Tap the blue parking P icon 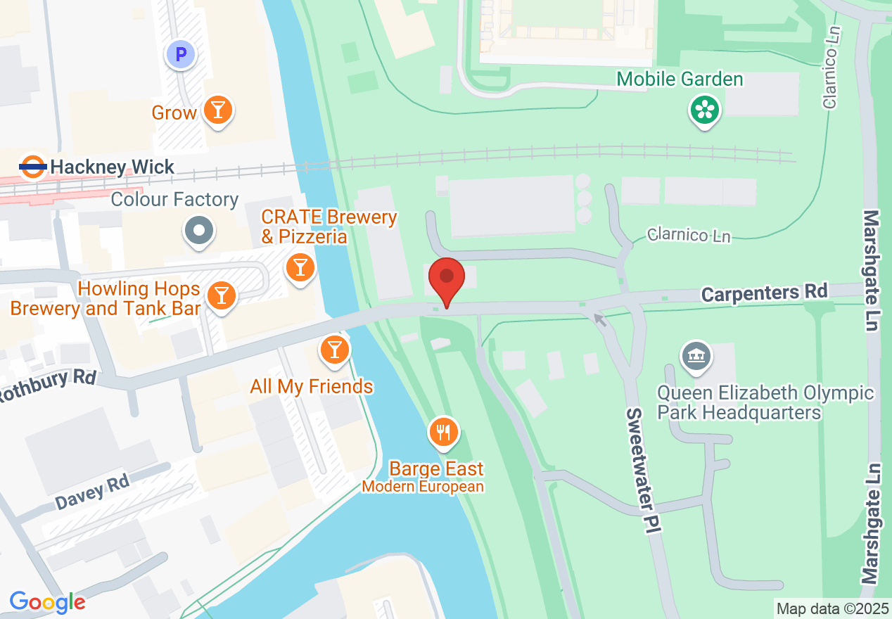[x=181, y=54]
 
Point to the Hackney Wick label [x=113, y=167]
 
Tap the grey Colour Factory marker [x=199, y=231]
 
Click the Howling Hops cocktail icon [x=222, y=295]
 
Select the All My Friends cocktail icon [x=334, y=350]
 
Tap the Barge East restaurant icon [x=442, y=431]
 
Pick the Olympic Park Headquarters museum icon [x=696, y=355]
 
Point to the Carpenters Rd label [x=764, y=292]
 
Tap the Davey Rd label [x=92, y=491]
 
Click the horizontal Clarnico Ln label [x=689, y=235]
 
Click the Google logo [x=48, y=602]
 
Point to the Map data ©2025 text [x=832, y=608]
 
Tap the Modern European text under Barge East [x=423, y=487]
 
